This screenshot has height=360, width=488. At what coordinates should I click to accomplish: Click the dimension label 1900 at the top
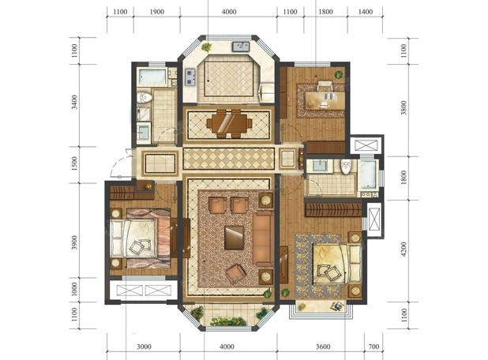point(157,12)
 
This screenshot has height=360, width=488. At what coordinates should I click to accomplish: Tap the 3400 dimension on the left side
point(74,102)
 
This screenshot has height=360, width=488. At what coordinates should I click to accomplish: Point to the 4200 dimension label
point(404,249)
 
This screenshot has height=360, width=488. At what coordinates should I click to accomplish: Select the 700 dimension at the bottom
point(374,347)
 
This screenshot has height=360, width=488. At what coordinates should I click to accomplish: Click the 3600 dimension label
point(323,347)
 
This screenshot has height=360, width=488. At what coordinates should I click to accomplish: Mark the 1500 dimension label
point(74,163)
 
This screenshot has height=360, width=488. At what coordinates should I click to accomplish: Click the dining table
point(230,124)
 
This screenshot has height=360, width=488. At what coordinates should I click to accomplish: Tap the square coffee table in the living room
point(234,238)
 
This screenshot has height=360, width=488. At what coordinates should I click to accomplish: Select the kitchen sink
point(241,47)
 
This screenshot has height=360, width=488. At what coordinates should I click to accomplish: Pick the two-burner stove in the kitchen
point(190,77)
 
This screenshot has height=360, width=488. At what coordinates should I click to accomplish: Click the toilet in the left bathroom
point(145,97)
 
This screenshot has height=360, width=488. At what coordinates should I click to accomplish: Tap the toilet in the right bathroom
point(345,167)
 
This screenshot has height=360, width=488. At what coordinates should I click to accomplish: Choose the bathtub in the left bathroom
point(152,77)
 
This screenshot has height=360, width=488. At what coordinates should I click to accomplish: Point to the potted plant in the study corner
point(338,75)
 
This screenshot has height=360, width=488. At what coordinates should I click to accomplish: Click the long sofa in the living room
point(262,238)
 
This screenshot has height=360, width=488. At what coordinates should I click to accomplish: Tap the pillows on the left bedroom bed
point(117,238)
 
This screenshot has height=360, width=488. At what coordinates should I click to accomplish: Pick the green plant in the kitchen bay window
point(206,47)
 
